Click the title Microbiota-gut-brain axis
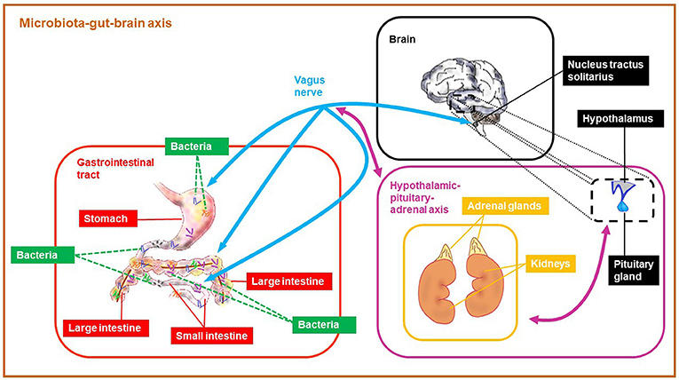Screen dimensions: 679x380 pos(96,23)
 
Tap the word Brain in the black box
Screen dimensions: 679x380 pos(402,39)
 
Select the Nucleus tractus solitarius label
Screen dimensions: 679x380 pos(605,71)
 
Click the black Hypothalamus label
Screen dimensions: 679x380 pos(620,119)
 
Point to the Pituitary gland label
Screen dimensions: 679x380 pos(633,271)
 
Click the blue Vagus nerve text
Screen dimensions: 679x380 pos(309,86)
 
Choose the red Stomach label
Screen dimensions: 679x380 pos(107,218)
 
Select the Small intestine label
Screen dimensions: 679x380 pos(212,336)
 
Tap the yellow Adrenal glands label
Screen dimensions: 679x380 pos(504,206)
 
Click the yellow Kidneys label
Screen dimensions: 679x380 pos(550,264)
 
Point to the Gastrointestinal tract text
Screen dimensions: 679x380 pos(115,169)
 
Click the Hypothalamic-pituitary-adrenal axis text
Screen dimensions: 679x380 pos(425,198)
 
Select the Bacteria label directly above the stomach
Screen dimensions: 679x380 pos(197,146)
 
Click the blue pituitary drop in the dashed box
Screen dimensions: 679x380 pos(623,205)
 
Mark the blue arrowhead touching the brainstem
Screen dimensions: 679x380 pos(465,123)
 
